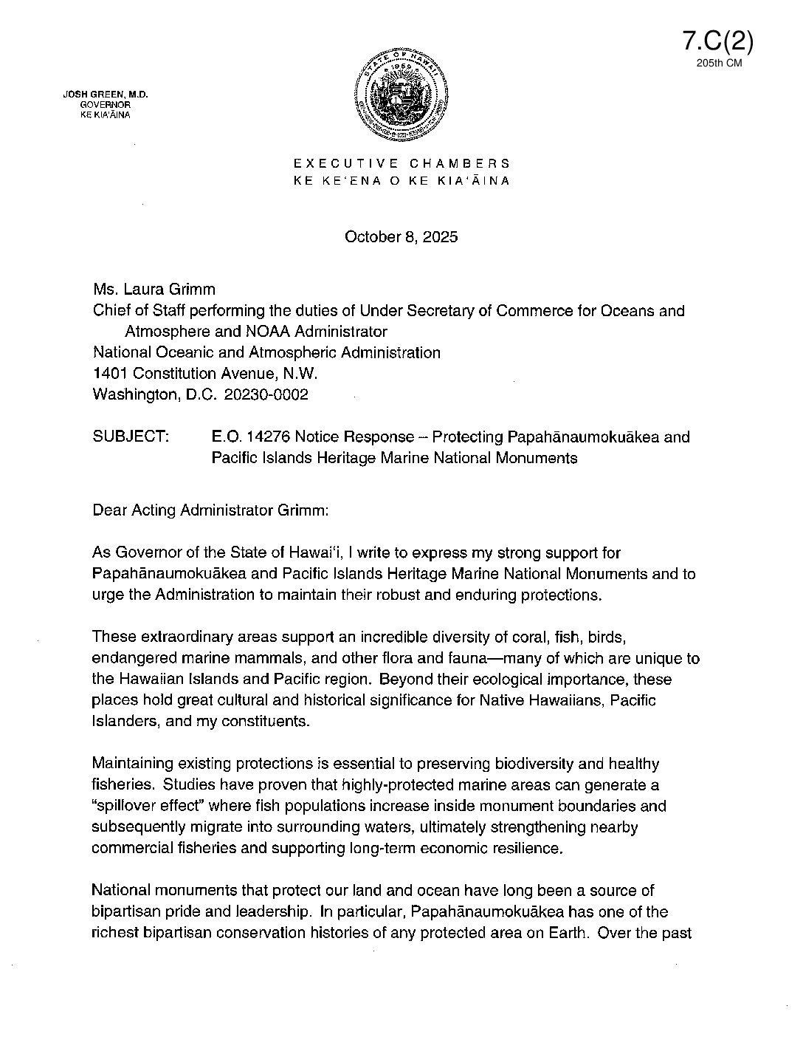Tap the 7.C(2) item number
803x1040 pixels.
pyautogui.click(x=718, y=41)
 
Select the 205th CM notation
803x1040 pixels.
pyautogui.click(x=718, y=64)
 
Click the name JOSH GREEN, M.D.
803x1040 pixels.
pyautogui.click(x=106, y=95)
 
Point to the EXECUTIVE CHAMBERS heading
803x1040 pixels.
pyautogui.click(x=401, y=163)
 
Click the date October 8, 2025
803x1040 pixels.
pyautogui.click(x=401, y=237)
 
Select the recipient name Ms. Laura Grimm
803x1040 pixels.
pyautogui.click(x=154, y=290)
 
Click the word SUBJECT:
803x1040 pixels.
pyautogui.click(x=131, y=437)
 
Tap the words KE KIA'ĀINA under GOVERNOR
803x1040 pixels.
pyautogui.click(x=108, y=114)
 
